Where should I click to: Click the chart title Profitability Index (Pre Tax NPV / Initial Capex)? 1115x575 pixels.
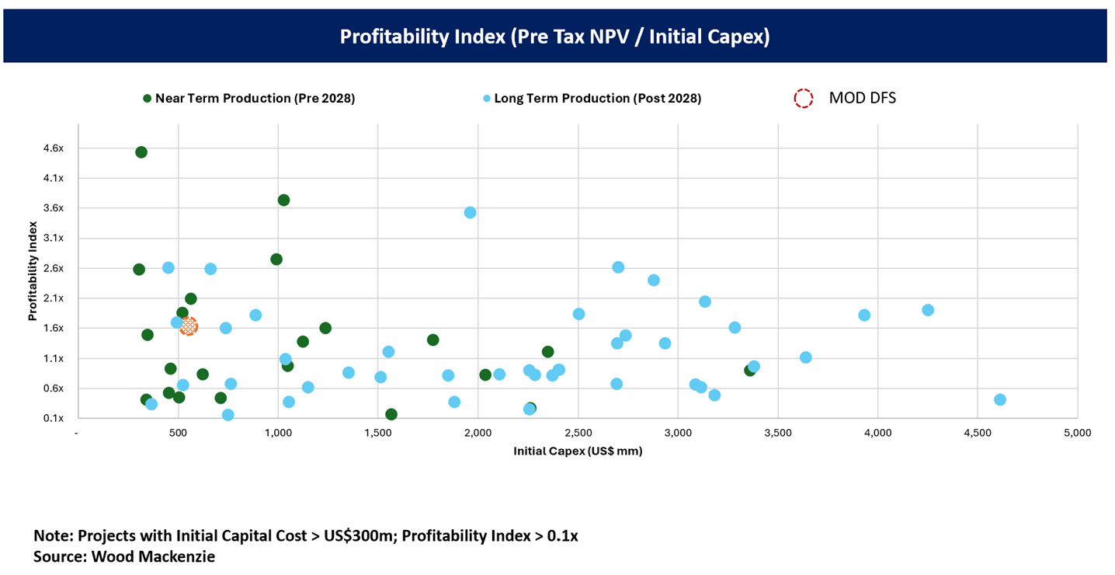tap(554, 37)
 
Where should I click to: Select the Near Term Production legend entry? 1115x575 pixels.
tap(248, 99)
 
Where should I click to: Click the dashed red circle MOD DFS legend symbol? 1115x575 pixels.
tap(803, 98)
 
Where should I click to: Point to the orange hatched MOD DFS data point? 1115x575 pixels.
tap(189, 326)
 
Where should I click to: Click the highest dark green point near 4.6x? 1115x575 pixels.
tap(141, 152)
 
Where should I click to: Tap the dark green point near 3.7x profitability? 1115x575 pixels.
tap(283, 200)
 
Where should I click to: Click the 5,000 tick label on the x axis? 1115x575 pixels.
tap(1076, 433)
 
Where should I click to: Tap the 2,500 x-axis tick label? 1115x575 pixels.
tap(578, 433)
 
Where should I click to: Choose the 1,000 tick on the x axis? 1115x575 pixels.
tap(278, 433)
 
